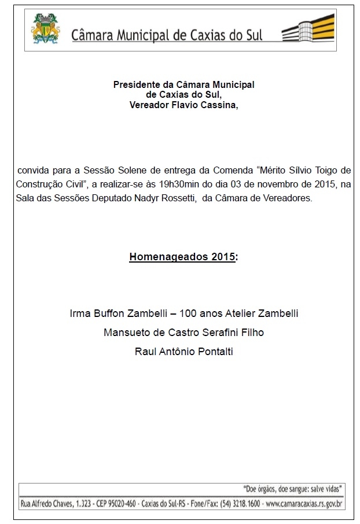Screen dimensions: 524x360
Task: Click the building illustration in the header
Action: tap(308, 28)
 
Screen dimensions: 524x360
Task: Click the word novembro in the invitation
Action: tap(288, 184)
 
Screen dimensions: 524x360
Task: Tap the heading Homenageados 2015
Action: tap(182, 256)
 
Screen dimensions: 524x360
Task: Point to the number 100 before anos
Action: tap(189, 314)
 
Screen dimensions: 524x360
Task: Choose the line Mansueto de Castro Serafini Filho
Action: tap(183, 333)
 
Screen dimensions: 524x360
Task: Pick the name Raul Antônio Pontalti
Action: tap(183, 351)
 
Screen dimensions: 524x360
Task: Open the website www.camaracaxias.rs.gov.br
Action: tap(304, 504)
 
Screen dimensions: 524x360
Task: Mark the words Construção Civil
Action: tap(50, 184)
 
